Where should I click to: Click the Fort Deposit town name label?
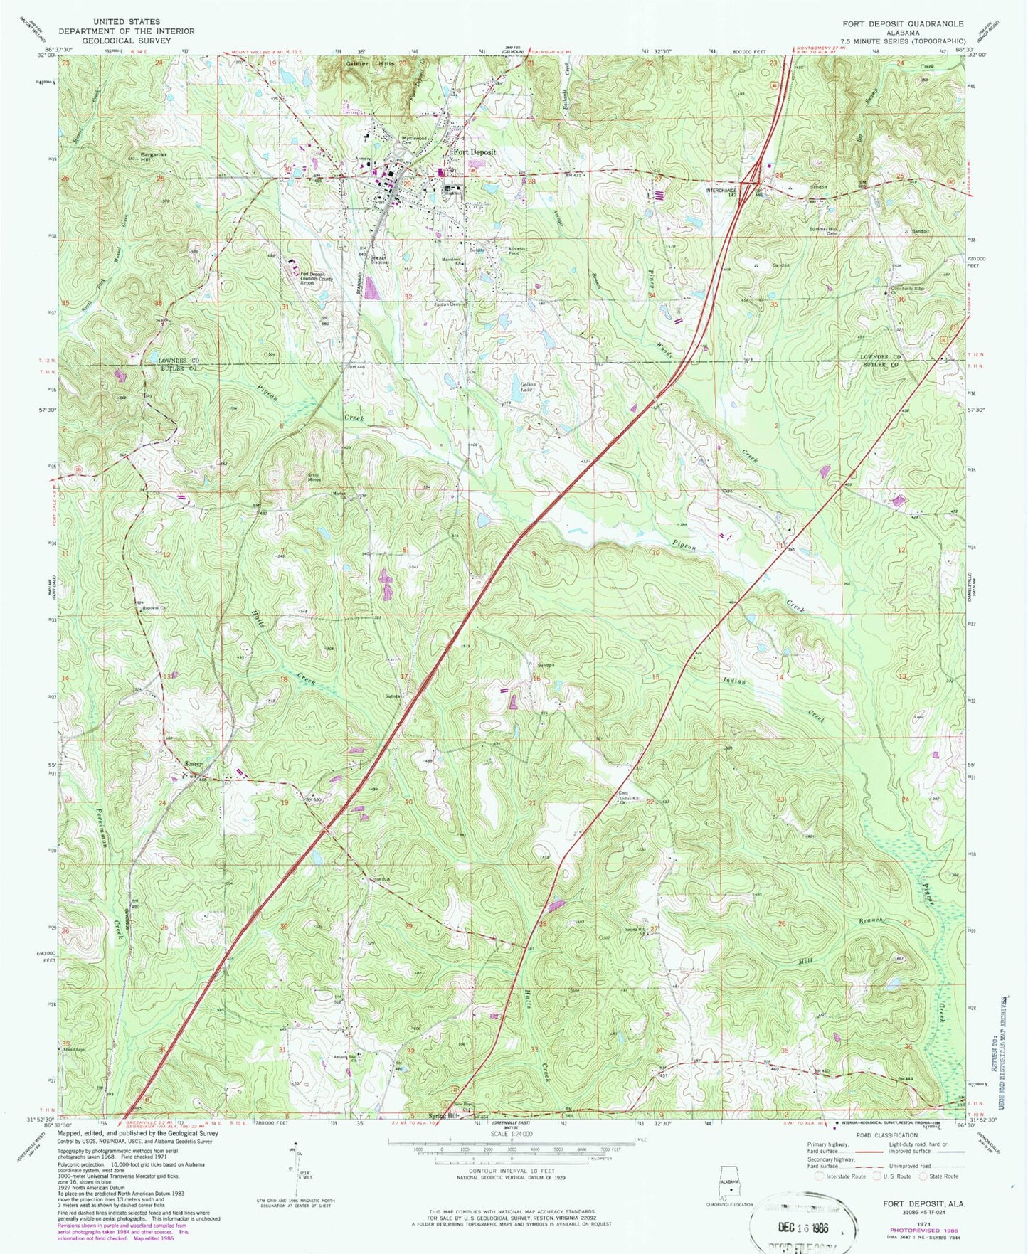475,152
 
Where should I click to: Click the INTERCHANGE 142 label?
721,192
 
